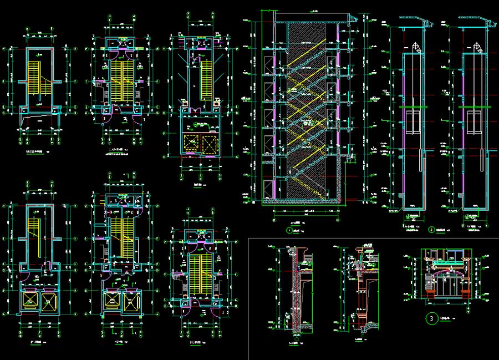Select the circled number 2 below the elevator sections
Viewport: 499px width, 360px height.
pos(431,229)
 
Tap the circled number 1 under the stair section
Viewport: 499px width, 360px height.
pos(288,229)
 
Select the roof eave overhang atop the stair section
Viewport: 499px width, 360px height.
pos(350,22)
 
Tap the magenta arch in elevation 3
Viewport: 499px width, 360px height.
pos(446,271)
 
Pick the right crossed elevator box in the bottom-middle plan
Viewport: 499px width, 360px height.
pos(131,300)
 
